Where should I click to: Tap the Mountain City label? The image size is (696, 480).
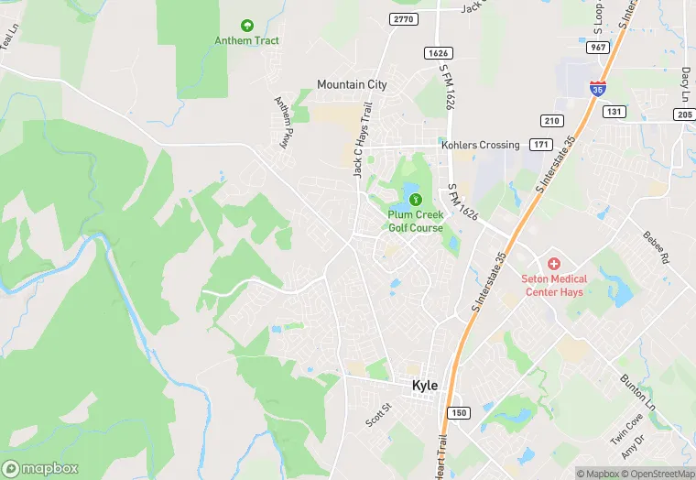point(352,84)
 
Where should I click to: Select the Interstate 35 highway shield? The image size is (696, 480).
point(596,89)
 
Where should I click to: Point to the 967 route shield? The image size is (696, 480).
point(599,48)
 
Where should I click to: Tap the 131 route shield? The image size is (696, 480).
point(614,112)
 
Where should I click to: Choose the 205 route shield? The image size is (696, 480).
point(683,114)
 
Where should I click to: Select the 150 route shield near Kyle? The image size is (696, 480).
point(458,412)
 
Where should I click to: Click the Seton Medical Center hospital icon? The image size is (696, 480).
point(553,264)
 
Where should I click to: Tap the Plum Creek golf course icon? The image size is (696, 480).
point(415,199)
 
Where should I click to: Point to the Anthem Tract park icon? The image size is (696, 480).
point(245,26)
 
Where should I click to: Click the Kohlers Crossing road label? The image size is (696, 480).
point(480,145)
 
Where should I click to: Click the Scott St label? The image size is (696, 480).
point(378,415)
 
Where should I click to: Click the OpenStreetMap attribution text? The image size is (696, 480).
point(657,474)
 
